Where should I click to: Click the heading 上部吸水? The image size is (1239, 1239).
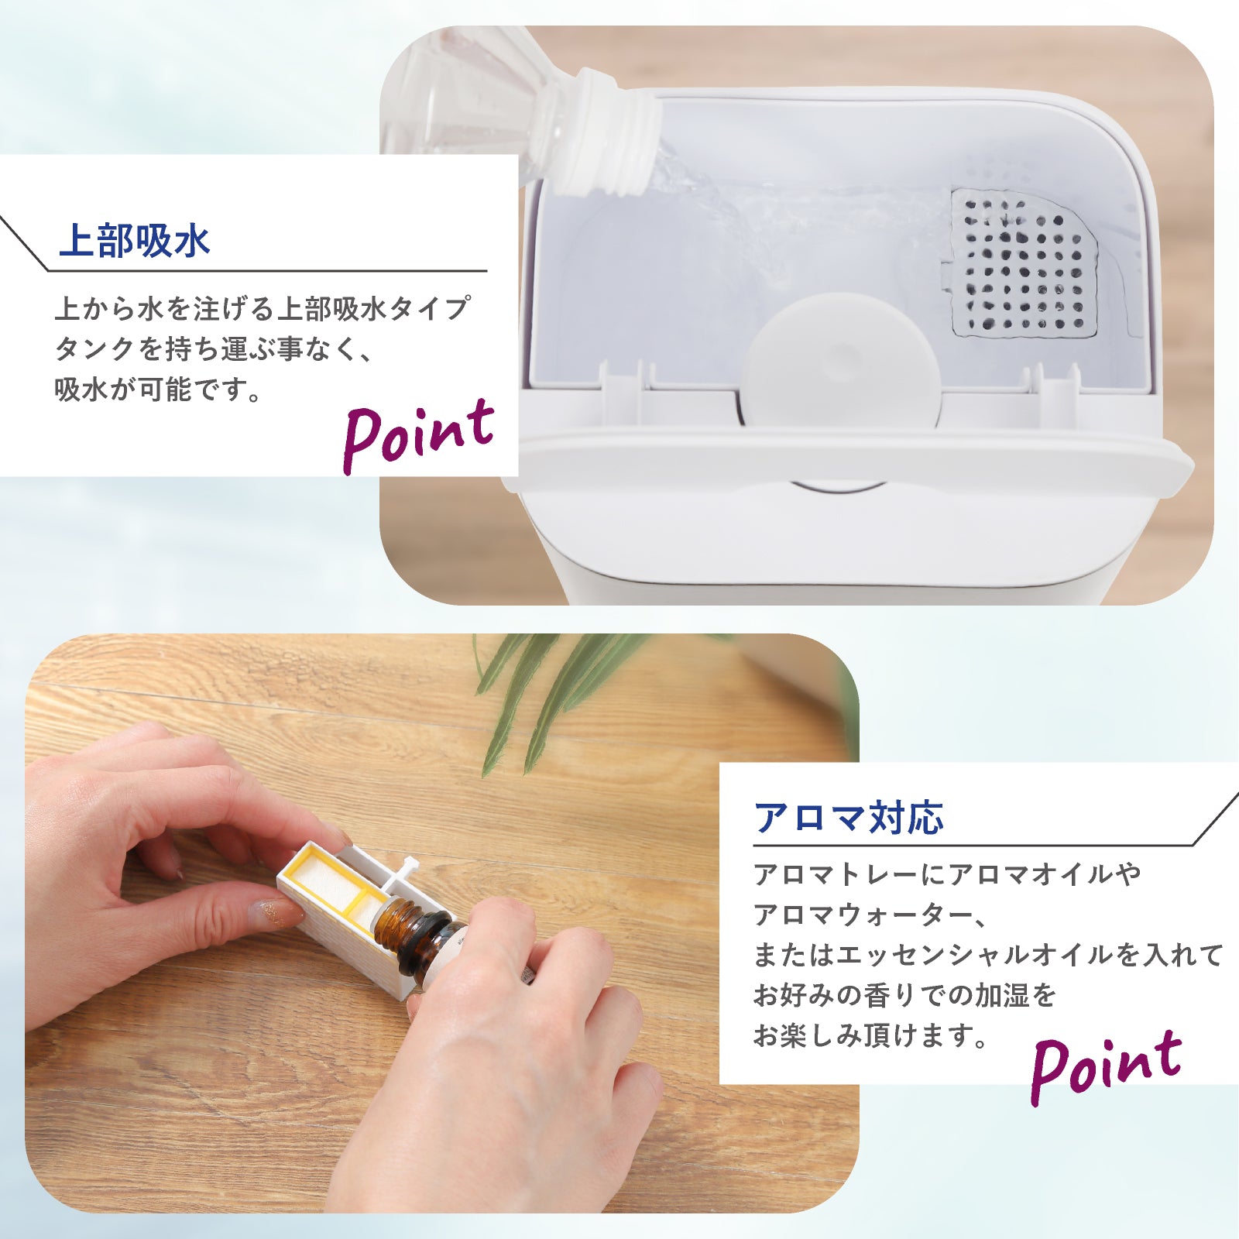coord(134,240)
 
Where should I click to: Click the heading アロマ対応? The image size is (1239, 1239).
coord(849,818)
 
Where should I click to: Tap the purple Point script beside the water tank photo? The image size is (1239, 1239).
coord(418,435)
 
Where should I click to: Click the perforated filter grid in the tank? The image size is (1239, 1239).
coord(1024,264)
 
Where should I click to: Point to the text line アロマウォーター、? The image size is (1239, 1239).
coord(871,915)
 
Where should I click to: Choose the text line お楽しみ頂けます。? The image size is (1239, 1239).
coord(871,1035)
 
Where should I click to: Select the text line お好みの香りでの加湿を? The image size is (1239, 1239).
coord(905,995)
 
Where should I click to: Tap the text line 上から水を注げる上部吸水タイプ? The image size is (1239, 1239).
coord(262,309)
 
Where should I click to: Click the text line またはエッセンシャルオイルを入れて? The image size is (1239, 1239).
coord(989,955)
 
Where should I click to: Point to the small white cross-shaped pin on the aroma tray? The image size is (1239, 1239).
coord(404,870)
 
